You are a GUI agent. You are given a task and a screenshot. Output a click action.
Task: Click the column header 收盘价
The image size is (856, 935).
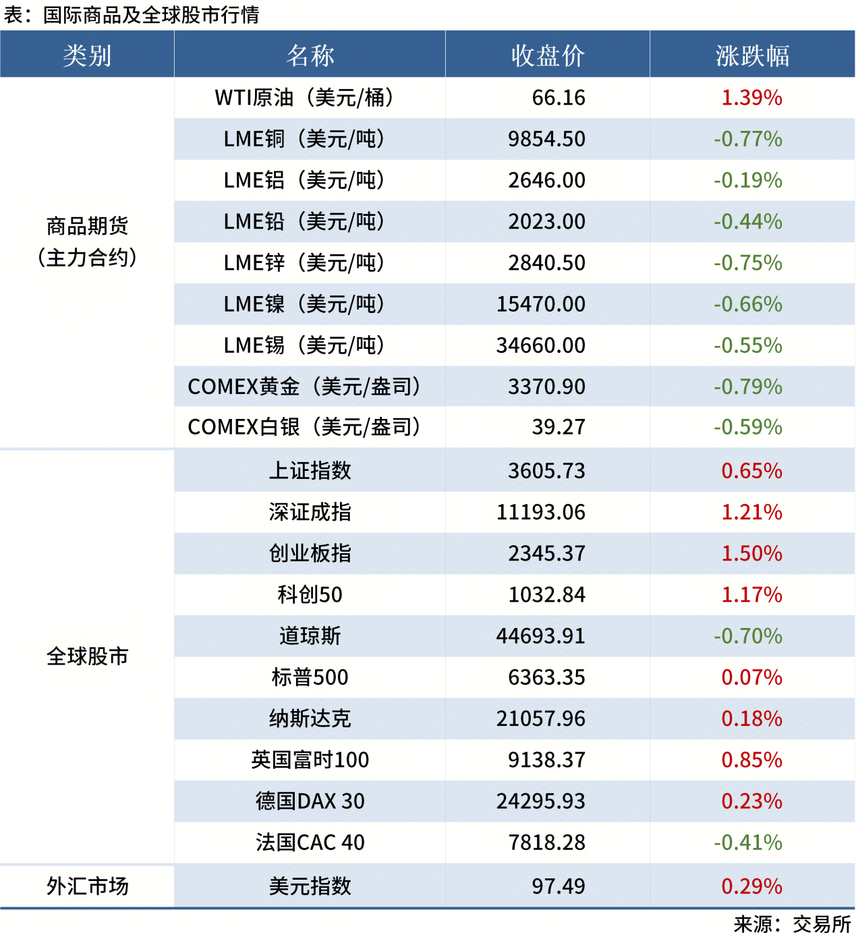click(x=547, y=55)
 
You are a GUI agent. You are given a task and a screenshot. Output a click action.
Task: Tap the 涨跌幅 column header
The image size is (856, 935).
click(x=752, y=55)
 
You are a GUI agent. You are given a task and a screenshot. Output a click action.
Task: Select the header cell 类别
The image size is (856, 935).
click(x=87, y=55)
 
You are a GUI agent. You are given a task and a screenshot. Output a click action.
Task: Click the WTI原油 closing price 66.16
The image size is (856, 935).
click(x=559, y=98)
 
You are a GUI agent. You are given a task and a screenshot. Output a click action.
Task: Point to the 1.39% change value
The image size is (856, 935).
click(x=751, y=98)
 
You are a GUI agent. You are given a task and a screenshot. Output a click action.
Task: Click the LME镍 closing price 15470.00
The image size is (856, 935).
click(x=541, y=304)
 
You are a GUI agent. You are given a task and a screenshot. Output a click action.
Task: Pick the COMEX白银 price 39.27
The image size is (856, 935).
click(x=559, y=427)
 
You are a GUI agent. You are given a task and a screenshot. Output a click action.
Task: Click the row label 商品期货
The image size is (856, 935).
click(x=87, y=226)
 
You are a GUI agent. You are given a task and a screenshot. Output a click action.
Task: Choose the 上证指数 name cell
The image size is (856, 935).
click(x=310, y=471)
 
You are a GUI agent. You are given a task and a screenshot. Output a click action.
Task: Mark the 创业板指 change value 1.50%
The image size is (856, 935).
click(x=751, y=554)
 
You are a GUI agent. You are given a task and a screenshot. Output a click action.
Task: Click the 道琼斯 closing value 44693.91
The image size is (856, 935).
click(x=541, y=636)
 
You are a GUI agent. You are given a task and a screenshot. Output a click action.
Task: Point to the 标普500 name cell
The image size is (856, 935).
click(x=310, y=677)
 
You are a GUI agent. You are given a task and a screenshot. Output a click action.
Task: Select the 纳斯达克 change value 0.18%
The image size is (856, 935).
click(x=751, y=719)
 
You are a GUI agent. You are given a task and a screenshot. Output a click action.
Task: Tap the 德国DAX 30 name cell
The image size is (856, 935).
click(x=310, y=801)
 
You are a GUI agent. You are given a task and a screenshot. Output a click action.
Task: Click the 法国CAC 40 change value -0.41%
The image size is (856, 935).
click(x=748, y=843)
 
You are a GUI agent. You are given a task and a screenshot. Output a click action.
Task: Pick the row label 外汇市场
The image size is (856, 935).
click(x=87, y=886)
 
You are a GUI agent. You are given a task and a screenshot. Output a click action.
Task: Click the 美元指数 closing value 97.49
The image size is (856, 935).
click(x=559, y=886)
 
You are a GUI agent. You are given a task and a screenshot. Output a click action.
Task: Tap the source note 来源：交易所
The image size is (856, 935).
click(x=792, y=924)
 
